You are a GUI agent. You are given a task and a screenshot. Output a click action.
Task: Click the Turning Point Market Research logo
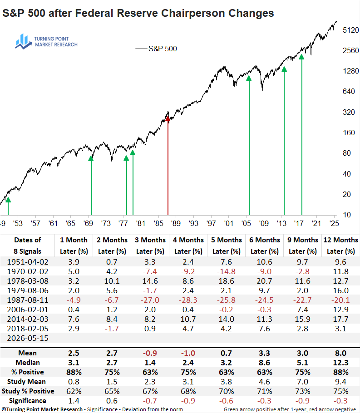pyautogui.click(x=46, y=42)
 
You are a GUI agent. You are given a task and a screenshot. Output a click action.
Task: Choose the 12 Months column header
pyautogui.click(x=340, y=240)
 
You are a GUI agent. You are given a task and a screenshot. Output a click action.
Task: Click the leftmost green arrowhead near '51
pyautogui.click(x=8, y=199)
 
